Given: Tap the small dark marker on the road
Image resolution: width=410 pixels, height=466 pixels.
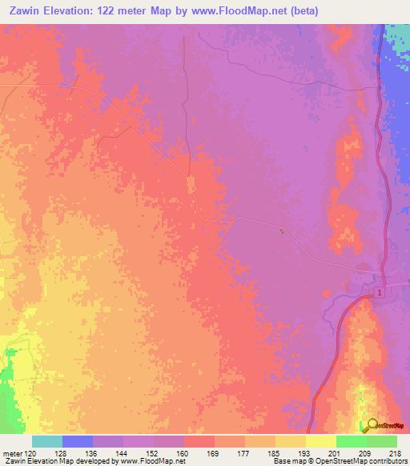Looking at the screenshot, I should (280, 231).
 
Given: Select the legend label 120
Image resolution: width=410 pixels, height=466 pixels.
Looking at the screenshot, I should (31, 453).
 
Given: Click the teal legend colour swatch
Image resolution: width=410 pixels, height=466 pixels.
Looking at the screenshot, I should (47, 441).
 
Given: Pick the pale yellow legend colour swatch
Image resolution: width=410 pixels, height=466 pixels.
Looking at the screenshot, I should (320, 441).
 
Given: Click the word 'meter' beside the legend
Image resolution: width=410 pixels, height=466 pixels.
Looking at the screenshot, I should (12, 453).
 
